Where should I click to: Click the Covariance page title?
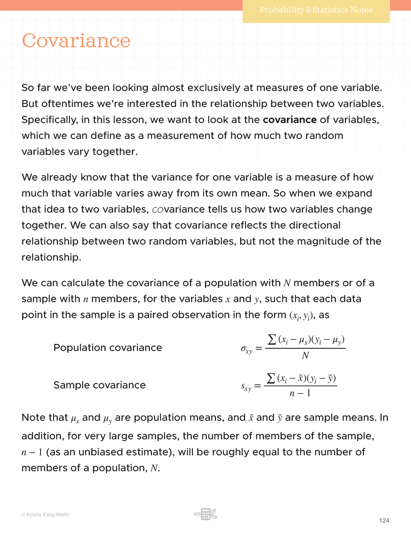tap(76, 41)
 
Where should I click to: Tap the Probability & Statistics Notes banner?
tap(316, 10)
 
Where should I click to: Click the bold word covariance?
tap(290, 120)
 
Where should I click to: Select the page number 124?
tap(384, 521)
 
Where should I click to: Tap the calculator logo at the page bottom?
tap(206, 514)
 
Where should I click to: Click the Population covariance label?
tap(108, 348)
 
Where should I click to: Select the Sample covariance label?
tap(99, 385)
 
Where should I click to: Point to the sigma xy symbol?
tap(246, 349)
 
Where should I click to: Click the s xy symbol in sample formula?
tap(246, 387)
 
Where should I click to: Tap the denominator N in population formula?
tap(305, 356)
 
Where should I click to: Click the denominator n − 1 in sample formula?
tap(300, 393)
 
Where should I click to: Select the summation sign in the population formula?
tap(272, 340)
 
